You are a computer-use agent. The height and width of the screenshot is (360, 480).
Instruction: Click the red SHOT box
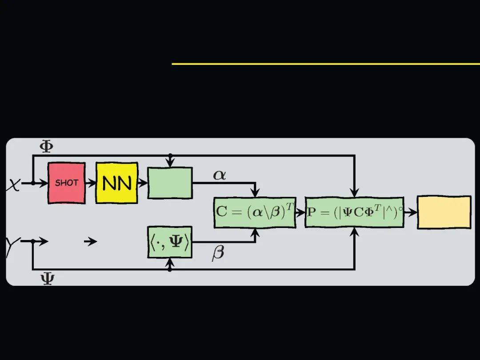coord(67,183)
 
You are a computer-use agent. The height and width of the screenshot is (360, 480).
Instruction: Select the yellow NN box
coord(117,183)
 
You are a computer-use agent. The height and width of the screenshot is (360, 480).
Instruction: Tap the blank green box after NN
coord(170,183)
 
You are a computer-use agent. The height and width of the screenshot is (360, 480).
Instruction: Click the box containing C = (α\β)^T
coord(255,212)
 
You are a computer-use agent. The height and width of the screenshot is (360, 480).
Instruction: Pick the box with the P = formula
coord(354,212)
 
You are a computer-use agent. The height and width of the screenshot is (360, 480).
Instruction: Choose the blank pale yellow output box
coord(444,212)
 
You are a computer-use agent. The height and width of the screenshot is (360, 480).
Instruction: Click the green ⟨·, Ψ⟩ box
coord(170,242)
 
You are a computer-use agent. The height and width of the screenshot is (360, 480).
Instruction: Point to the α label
coord(220,175)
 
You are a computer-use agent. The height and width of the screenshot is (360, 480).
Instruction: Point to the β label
coord(218,253)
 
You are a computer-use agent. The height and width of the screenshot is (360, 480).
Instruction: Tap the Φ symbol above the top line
coord(46,146)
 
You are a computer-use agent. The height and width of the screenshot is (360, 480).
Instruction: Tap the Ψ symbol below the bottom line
coord(47,279)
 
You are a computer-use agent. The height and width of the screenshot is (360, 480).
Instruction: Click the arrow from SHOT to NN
coord(91,183)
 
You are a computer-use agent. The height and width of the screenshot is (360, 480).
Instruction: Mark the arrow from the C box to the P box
coord(300,212)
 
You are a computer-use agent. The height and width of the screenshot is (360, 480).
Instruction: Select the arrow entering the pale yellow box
coord(411,212)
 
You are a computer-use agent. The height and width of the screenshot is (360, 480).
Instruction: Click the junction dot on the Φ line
coord(170,155)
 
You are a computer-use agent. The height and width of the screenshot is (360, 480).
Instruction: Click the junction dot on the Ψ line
coord(170,269)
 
